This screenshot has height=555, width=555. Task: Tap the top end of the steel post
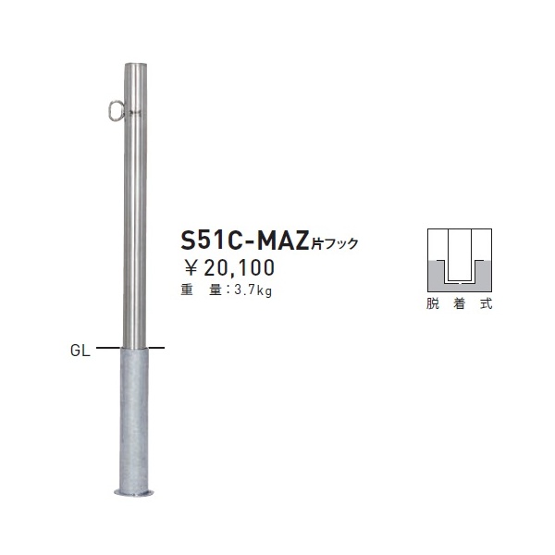[134, 66]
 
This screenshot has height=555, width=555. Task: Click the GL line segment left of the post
[108, 348]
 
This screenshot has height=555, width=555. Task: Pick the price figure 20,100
[241, 269]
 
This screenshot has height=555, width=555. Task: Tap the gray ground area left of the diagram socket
[438, 274]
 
